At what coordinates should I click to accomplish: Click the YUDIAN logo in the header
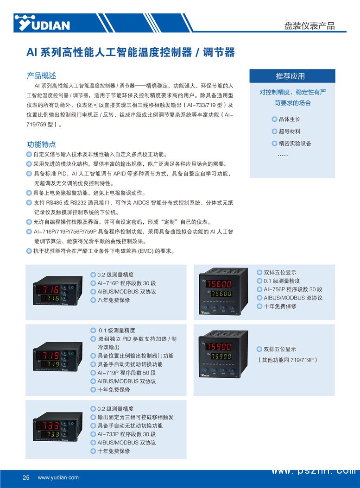click(42, 23)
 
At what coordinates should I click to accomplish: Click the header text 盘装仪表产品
click(309, 26)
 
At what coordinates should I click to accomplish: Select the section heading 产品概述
click(41, 75)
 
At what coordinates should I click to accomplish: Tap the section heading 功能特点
click(41, 144)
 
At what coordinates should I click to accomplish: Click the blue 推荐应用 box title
click(292, 76)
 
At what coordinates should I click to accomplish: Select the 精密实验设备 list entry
click(291, 144)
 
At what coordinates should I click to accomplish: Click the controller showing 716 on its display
click(58, 290)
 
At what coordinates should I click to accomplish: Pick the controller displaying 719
click(58, 357)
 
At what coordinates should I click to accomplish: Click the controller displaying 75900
click(223, 354)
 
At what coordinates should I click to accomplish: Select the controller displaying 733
click(58, 427)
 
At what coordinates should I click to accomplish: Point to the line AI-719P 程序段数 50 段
click(126, 373)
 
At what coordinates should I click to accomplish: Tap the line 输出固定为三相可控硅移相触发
click(135, 417)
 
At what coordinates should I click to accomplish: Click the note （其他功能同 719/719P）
click(287, 360)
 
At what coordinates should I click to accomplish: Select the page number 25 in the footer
click(26, 477)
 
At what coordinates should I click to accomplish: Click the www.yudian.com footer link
click(58, 477)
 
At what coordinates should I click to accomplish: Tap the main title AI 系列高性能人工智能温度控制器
click(109, 52)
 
